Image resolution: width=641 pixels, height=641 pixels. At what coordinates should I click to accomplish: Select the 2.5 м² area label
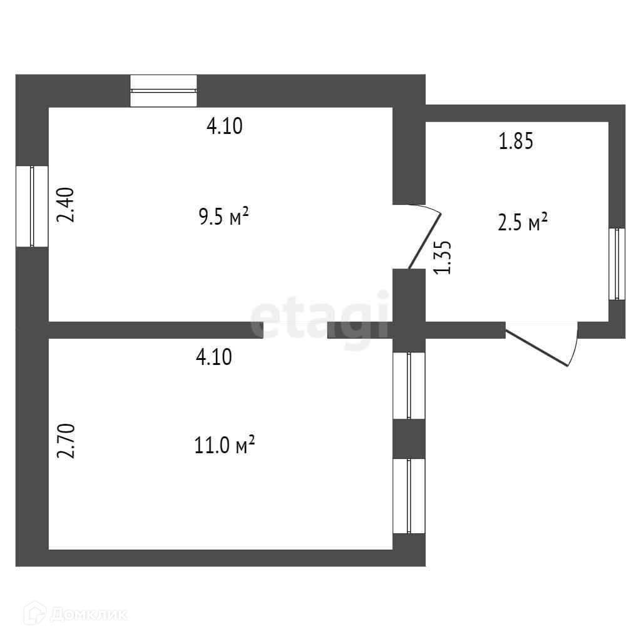click(x=523, y=223)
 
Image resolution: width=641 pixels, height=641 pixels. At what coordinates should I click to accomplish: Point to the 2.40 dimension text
click(x=66, y=205)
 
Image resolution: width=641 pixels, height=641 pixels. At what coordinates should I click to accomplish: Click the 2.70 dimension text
click(x=66, y=441)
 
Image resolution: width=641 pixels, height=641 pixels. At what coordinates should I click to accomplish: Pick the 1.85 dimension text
click(x=515, y=142)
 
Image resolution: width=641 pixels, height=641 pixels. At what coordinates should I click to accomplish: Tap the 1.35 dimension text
click(x=444, y=257)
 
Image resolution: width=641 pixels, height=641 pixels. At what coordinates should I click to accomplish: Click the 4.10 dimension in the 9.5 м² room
click(x=224, y=127)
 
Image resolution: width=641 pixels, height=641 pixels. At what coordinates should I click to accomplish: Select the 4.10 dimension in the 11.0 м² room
click(x=214, y=357)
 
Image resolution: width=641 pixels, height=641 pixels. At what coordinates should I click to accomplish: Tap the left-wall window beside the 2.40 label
click(x=32, y=206)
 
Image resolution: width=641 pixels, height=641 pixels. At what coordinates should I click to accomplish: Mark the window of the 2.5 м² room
click(x=617, y=263)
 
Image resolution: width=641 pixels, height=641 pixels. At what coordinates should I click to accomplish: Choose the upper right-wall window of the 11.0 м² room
click(x=409, y=386)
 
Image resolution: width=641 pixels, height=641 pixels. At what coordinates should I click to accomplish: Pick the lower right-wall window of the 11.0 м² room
click(x=409, y=496)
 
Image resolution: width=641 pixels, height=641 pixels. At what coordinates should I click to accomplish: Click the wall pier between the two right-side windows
click(x=409, y=438)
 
